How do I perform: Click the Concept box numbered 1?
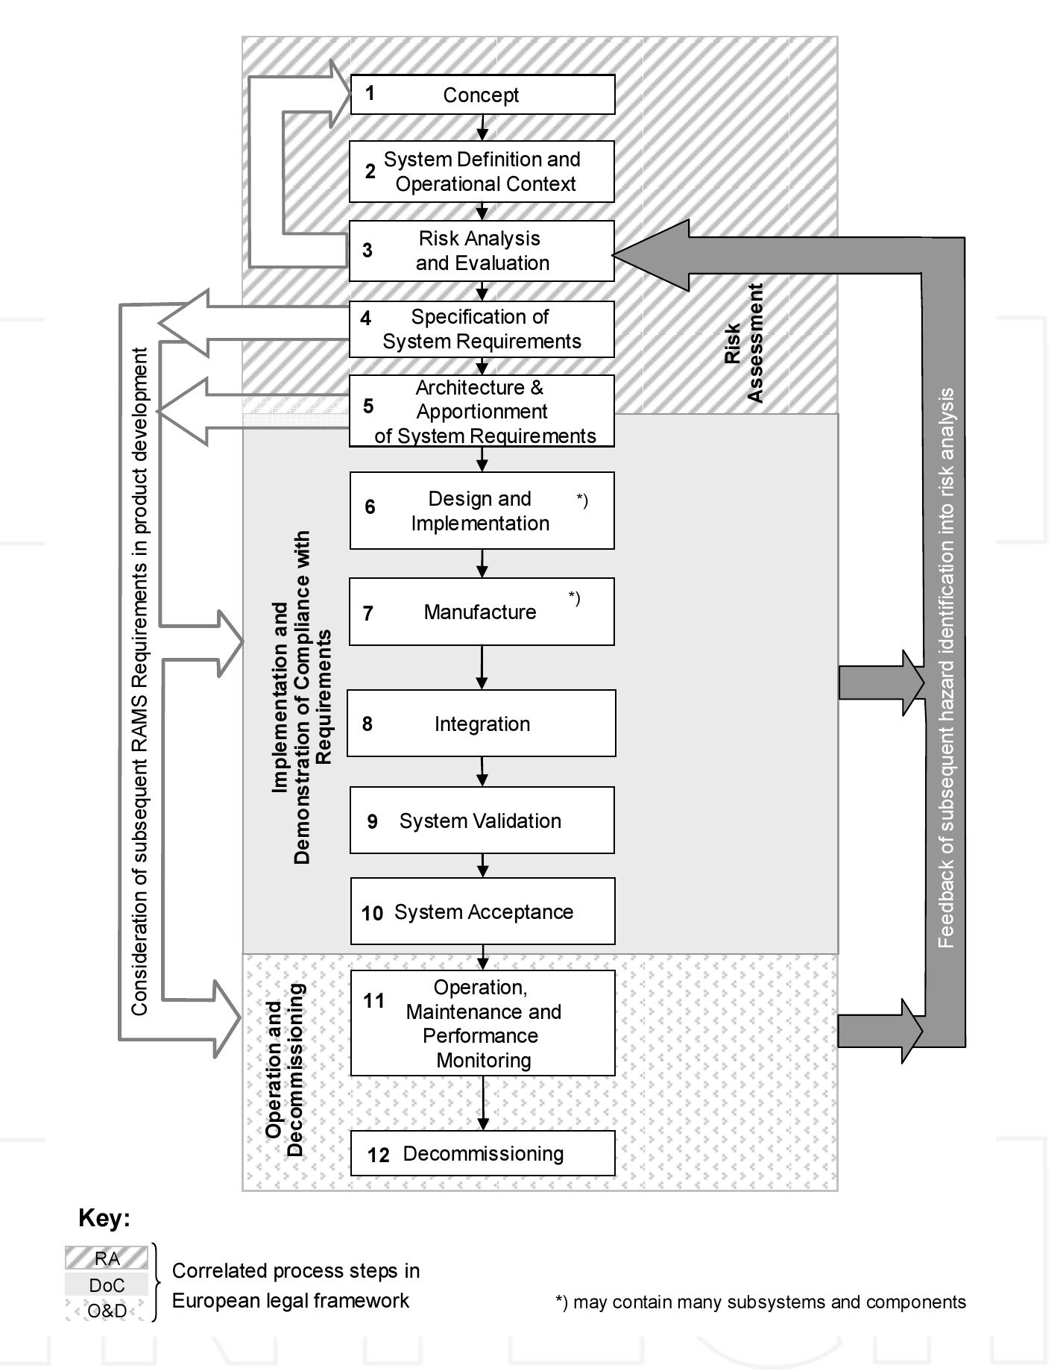tap(482, 95)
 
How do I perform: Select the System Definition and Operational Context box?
tap(482, 172)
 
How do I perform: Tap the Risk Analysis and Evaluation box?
tap(482, 251)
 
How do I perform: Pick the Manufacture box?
tap(482, 612)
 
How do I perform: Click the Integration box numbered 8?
tap(482, 724)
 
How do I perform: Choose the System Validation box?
tap(482, 821)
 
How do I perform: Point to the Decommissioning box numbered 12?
tap(482, 1154)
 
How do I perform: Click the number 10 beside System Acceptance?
tap(372, 914)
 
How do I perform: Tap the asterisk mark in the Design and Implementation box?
tap(582, 501)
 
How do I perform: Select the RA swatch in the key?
tap(107, 1259)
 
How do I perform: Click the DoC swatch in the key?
tap(107, 1285)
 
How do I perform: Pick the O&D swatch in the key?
tap(107, 1311)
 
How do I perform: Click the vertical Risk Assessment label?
tap(744, 343)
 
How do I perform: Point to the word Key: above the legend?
tap(104, 1219)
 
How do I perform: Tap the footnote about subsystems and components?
tap(760, 1302)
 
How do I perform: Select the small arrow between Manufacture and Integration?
tap(482, 668)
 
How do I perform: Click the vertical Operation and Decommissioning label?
tap(286, 1070)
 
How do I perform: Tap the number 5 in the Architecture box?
tap(368, 407)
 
